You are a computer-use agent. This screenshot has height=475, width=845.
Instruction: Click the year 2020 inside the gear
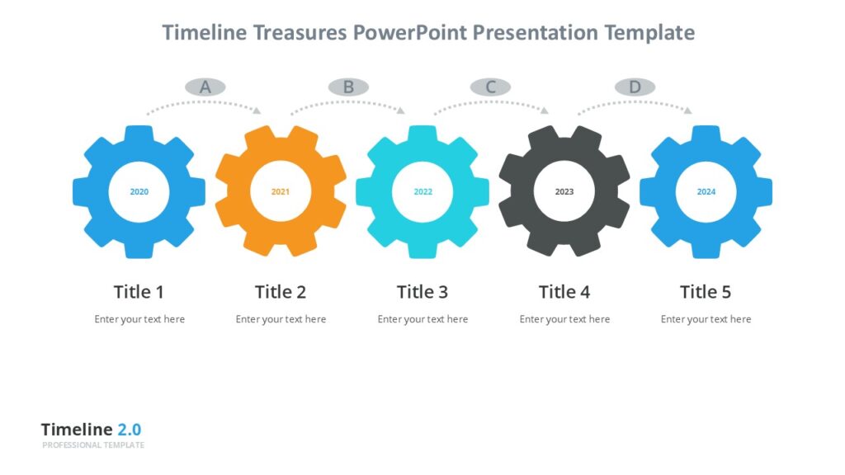pos(139,192)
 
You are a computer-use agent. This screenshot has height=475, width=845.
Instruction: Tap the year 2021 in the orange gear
pos(281,192)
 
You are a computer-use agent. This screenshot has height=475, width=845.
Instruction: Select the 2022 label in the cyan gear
pos(422,192)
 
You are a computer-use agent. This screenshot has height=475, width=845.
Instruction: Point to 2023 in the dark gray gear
pos(564,192)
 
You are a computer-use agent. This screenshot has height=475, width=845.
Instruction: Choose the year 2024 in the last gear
pos(706,192)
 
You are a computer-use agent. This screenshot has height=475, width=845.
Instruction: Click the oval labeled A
pos(205,87)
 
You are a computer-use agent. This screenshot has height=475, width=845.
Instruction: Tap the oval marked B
pos(348,87)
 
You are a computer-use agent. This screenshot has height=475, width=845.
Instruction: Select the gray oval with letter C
pos(491,87)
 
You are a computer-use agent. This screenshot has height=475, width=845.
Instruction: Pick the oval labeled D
pos(635,87)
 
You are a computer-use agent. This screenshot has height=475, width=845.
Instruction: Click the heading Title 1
pos(139,292)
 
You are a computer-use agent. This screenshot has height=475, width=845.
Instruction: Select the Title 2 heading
pos(281,292)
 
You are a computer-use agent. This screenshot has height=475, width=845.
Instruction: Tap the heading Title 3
pos(422,292)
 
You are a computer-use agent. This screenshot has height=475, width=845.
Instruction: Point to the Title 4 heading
pos(564,292)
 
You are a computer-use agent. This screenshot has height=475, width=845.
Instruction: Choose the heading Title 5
pos(706,292)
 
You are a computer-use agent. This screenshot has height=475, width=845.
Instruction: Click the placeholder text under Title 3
pos(422,319)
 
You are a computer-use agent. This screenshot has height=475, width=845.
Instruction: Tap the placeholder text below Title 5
pos(706,319)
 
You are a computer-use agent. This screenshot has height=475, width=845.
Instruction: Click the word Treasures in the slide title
pos(302,33)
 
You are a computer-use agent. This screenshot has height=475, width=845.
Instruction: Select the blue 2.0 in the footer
pos(129,430)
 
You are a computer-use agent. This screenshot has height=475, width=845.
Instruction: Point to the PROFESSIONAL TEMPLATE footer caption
pos(93,445)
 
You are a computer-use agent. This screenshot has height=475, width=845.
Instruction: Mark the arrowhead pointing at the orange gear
pos(257,111)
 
